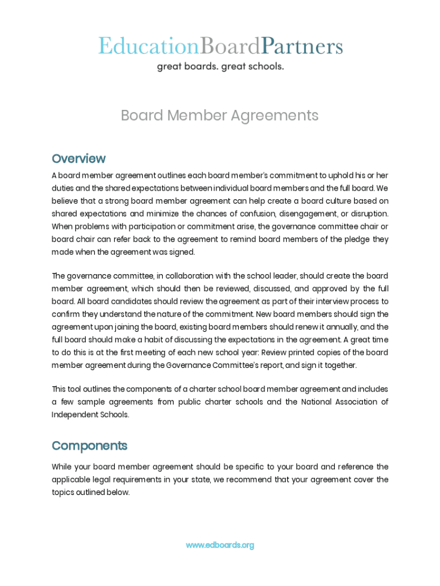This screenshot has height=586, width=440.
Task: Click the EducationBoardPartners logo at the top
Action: pos(220,46)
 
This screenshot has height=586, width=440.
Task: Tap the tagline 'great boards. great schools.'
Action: pos(220,66)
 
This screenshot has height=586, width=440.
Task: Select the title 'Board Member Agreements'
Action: pos(219,116)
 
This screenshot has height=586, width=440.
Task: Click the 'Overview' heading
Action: pos(78,159)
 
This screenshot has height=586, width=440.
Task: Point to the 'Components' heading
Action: pos(89,446)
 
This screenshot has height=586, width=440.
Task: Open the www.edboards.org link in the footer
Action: pos(219,545)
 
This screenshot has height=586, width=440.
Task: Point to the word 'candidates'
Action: pos(121,301)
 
